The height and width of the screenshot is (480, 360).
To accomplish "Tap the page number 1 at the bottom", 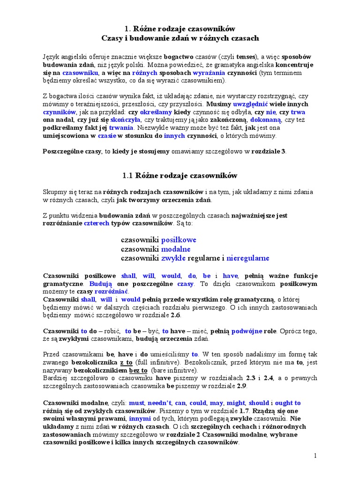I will coord(315,456).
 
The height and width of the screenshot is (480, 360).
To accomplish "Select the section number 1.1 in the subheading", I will coord(128,176).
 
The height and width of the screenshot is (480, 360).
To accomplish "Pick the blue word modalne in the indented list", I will coord(176,249).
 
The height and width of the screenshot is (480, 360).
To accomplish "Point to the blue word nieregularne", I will coord(248,258).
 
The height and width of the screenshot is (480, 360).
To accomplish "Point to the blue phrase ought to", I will coord(288,403).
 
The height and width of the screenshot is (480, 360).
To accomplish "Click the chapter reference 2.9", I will coord(240,386).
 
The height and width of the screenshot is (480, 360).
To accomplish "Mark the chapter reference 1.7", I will coord(244,411).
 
